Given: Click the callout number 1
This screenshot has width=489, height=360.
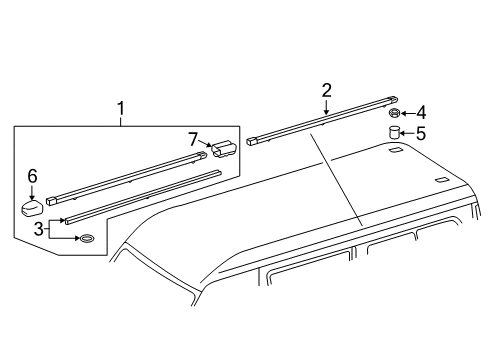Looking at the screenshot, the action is click(121, 108).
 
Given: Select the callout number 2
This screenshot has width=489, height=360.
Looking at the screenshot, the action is click(326, 90).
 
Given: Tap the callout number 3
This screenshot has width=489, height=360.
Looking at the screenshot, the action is click(39, 229).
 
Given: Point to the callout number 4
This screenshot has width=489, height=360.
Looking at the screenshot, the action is click(421, 113).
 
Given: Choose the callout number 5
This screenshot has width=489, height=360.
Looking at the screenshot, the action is click(421, 133).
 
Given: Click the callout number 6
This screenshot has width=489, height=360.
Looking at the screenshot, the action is click(32, 176).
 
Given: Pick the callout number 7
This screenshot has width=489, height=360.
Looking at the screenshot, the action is click(193, 139).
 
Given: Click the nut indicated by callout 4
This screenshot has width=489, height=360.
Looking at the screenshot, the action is click(394, 113).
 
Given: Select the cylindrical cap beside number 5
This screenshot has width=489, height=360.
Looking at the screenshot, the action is click(394, 132).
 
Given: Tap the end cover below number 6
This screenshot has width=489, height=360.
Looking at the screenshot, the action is click(32, 207).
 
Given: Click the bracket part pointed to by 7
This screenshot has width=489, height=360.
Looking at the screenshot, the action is click(223, 148).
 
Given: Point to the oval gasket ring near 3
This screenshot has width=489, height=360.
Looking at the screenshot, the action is click(86, 238).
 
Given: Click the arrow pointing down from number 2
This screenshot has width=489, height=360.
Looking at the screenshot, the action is click(326, 107).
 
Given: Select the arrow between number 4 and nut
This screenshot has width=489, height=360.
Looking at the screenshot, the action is click(408, 113).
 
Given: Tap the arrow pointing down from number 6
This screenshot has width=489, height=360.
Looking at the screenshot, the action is click(32, 193).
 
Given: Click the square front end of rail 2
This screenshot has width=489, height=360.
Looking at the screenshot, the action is click(251, 141).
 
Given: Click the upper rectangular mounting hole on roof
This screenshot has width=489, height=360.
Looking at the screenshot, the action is click(396, 150).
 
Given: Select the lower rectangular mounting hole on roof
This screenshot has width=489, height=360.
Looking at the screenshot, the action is click(442, 180).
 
